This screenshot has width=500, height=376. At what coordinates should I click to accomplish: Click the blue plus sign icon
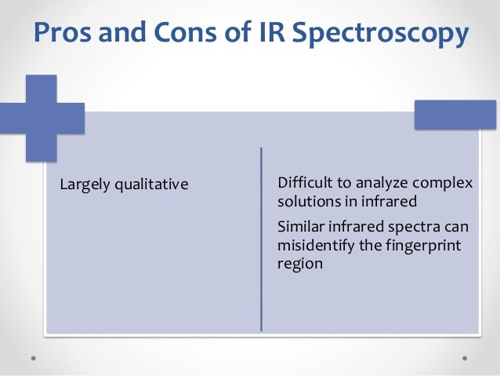point(41,118)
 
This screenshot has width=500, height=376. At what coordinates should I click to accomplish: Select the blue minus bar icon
point(455,115)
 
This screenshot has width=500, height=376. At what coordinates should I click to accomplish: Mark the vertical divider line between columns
point(261,239)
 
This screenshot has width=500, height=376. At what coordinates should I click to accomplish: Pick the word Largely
point(85,186)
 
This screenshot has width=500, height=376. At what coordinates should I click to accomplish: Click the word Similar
point(300,227)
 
